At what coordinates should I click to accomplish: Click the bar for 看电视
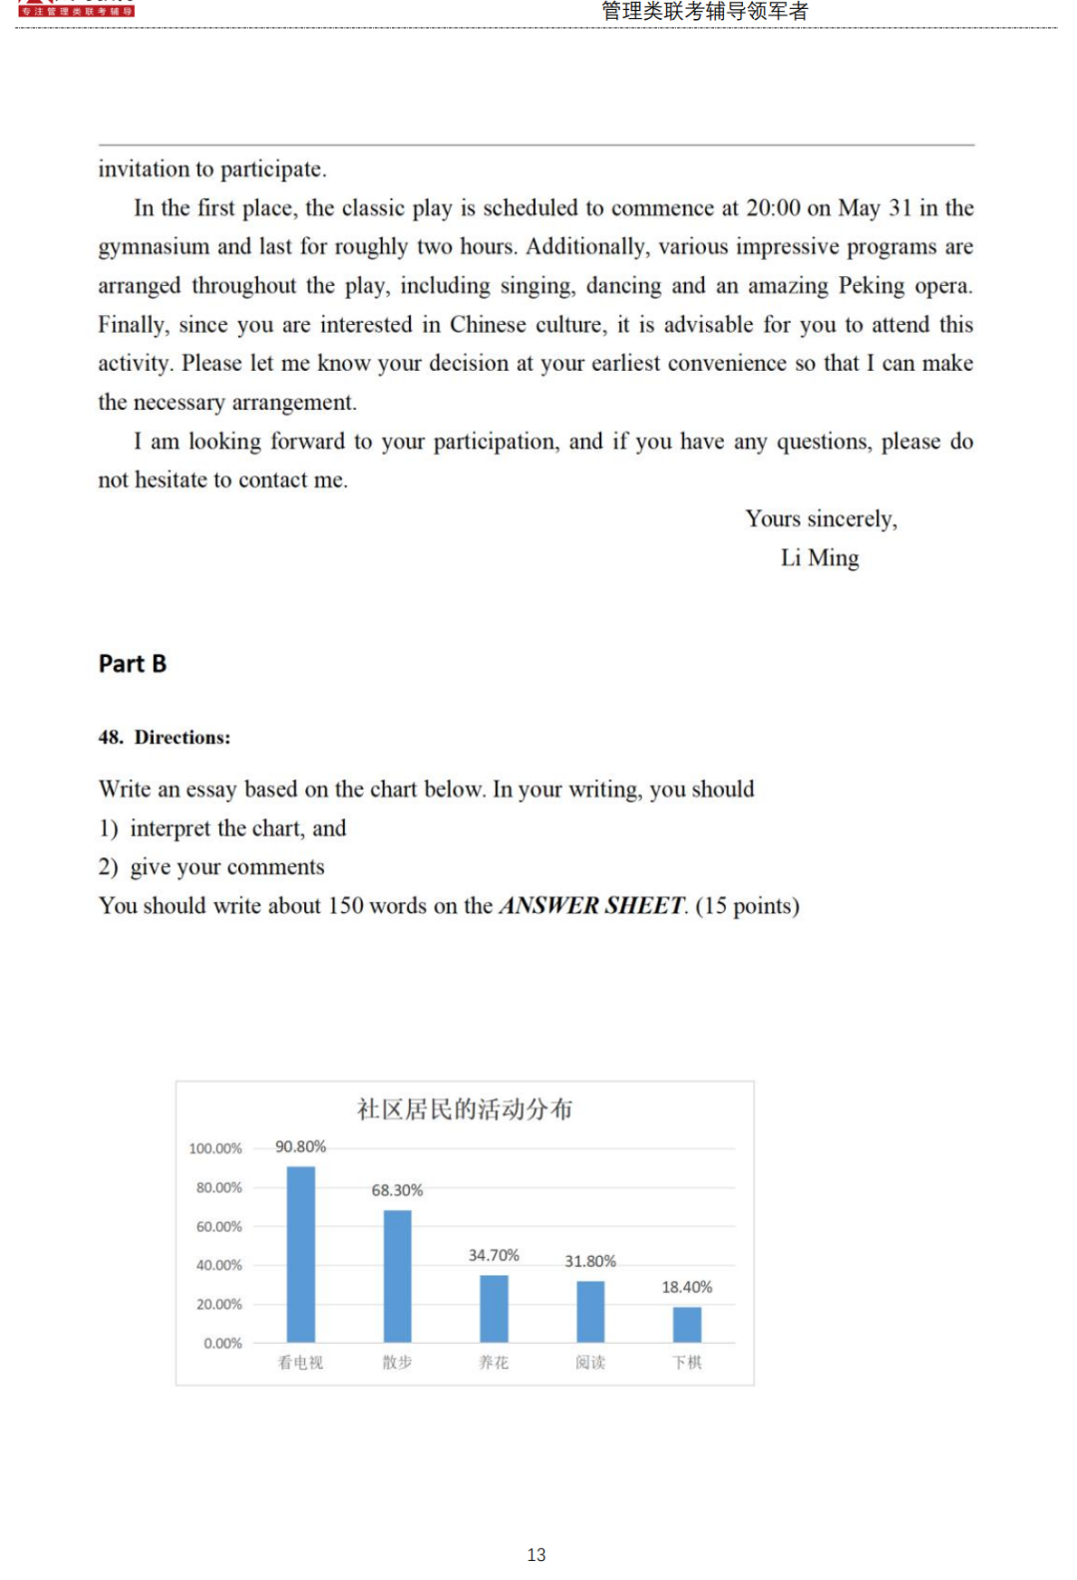point(300,1254)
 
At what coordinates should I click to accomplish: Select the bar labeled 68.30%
point(397,1276)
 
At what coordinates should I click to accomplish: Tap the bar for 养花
point(494,1308)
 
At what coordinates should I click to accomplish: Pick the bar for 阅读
point(590,1311)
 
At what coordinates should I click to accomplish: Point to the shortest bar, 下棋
point(687,1324)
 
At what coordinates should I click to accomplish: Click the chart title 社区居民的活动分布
point(465,1108)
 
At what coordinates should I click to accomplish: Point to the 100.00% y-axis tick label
point(215,1148)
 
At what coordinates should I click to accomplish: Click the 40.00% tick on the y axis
point(218,1265)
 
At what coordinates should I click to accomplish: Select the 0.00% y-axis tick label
point(222,1343)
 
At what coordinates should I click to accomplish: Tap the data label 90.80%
point(300,1146)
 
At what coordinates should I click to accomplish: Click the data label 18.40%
point(687,1287)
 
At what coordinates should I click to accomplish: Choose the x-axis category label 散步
point(397,1362)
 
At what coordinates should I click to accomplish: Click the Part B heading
point(133,664)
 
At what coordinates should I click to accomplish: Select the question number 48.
point(110,738)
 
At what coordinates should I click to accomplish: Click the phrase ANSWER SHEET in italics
point(592,905)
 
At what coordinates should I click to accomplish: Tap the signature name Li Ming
point(820,558)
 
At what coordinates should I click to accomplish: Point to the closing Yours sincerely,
point(821,519)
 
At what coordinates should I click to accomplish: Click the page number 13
point(537,1554)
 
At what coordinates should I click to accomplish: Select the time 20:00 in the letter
point(773,208)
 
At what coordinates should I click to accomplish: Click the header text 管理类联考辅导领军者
point(705,11)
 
